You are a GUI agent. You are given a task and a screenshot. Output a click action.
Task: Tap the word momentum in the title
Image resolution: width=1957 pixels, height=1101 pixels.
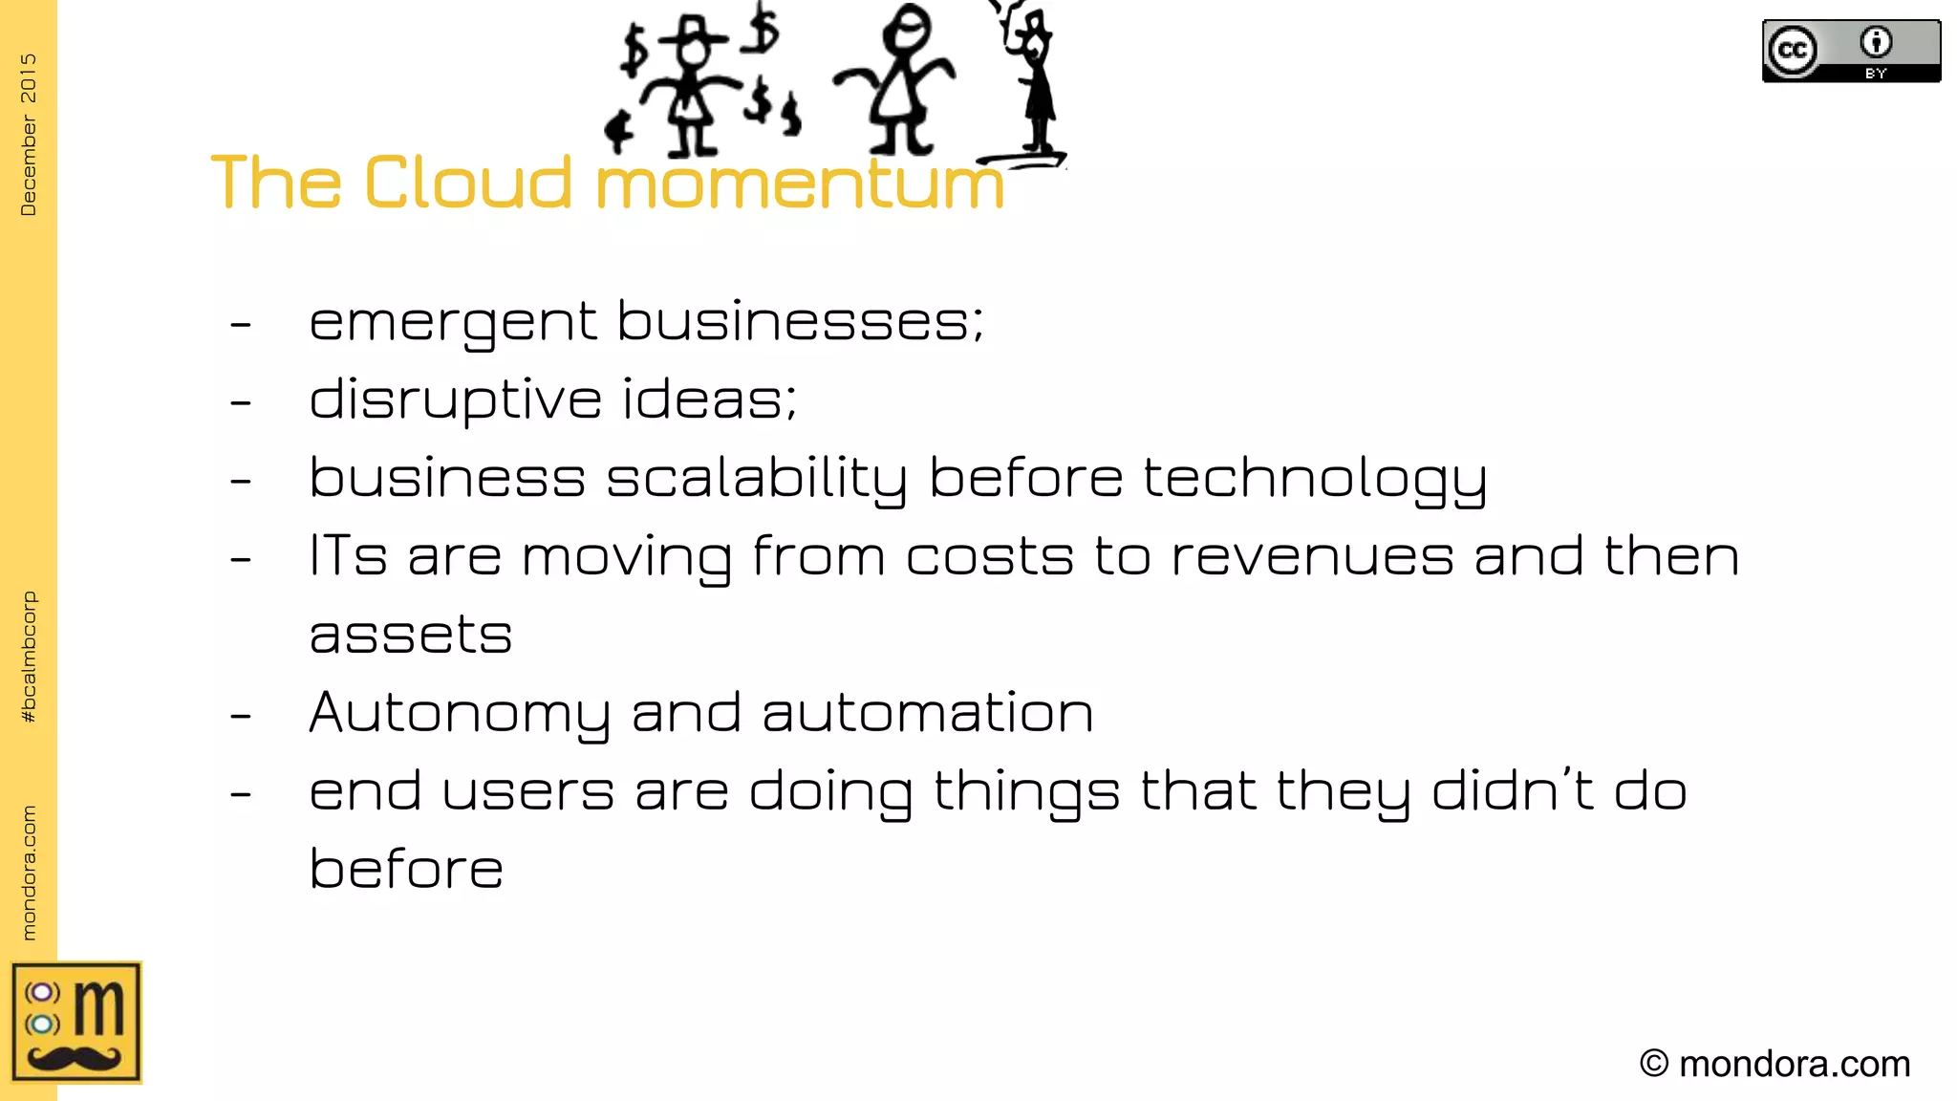coord(800,183)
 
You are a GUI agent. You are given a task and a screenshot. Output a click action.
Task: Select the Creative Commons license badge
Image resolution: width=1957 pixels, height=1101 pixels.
coord(1851,52)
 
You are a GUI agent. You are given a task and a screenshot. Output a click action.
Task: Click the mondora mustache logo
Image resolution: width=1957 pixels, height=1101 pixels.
coord(76,1023)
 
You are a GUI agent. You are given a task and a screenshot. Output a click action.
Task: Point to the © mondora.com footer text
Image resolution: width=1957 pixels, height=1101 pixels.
coord(1774,1064)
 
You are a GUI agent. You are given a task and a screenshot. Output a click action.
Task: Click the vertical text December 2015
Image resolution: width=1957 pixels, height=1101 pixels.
coord(29,134)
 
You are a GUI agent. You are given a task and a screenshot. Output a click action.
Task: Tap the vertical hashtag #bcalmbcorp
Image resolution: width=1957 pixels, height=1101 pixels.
coord(29,657)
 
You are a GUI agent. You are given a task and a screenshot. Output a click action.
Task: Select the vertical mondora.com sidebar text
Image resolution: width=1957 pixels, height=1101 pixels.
coord(29,872)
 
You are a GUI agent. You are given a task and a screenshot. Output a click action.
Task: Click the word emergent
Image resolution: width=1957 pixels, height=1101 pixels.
coord(453,323)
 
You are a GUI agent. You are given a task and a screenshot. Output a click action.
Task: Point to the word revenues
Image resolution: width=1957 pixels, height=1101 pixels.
coord(1312,556)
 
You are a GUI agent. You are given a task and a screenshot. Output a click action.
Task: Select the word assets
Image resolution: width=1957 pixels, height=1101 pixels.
coord(411,635)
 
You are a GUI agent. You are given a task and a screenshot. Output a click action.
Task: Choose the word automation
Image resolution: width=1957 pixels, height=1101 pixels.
coord(927,713)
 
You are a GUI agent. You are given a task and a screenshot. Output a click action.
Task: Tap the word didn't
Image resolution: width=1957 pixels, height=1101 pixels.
coord(1512,791)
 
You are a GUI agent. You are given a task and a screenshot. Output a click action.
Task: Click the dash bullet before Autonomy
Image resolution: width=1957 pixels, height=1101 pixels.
coord(241,715)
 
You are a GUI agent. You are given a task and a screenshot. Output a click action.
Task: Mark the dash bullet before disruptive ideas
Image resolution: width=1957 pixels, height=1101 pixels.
coord(241,402)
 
